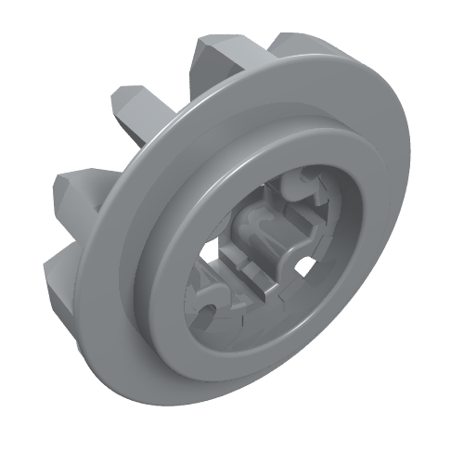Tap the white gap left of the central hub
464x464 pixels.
click(220, 252)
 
